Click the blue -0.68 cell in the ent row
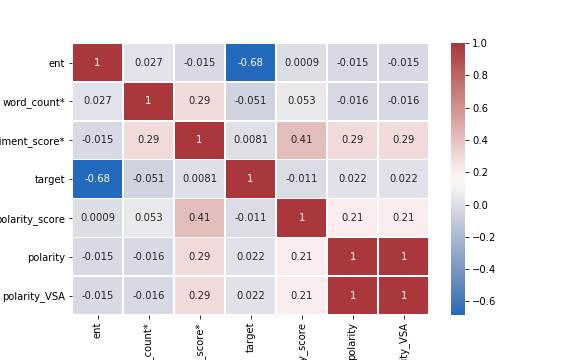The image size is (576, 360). pyautogui.click(x=250, y=63)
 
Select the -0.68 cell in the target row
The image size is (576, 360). pyautogui.click(x=97, y=179)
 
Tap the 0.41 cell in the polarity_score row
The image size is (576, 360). pyautogui.click(x=199, y=218)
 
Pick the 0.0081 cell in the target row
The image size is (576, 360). pyautogui.click(x=199, y=179)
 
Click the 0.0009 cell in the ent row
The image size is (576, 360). pyautogui.click(x=301, y=63)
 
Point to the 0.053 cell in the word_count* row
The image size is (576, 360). pyautogui.click(x=301, y=101)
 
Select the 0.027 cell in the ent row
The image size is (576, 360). pyautogui.click(x=148, y=63)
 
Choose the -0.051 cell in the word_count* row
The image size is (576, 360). pyautogui.click(x=250, y=101)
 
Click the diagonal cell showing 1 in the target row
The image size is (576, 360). pyautogui.click(x=250, y=179)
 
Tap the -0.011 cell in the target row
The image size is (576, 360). pyautogui.click(x=301, y=179)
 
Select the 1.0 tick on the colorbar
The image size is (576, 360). pyautogui.click(x=481, y=43)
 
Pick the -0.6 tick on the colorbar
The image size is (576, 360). pyautogui.click(x=483, y=301)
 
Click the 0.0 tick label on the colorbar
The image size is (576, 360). pyautogui.click(x=481, y=205)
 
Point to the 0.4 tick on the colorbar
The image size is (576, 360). pyautogui.click(x=481, y=140)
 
